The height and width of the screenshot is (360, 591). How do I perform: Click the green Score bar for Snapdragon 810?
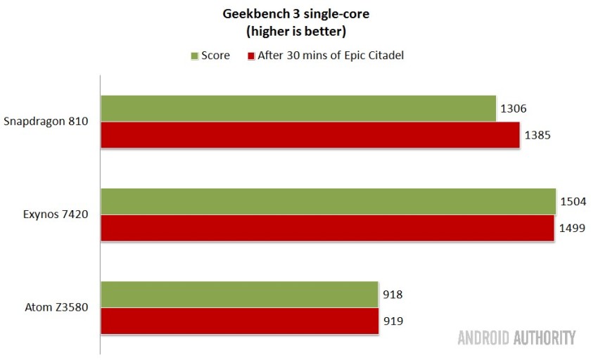pos(298,108)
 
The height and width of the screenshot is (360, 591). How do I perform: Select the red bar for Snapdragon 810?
pos(310,134)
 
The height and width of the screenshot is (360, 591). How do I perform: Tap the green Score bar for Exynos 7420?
pos(328,201)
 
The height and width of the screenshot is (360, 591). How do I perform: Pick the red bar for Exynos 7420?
pos(327,227)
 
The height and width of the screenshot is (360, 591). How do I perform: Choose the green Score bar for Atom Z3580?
pos(239,295)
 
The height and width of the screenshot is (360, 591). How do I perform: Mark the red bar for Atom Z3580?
pos(239,321)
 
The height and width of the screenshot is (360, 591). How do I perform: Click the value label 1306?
pos(514,109)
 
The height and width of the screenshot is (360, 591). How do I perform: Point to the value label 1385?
pos(537,135)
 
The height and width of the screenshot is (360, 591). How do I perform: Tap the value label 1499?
pos(572,228)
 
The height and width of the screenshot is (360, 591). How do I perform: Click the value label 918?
pos(393,295)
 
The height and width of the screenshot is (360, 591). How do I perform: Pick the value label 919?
pos(393,321)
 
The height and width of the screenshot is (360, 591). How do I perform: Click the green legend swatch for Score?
pos(194,56)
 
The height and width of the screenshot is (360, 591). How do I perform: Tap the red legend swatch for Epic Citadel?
pos(249,56)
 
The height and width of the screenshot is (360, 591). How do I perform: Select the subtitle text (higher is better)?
pos(295,32)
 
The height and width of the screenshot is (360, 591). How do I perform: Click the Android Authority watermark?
pos(516,338)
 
